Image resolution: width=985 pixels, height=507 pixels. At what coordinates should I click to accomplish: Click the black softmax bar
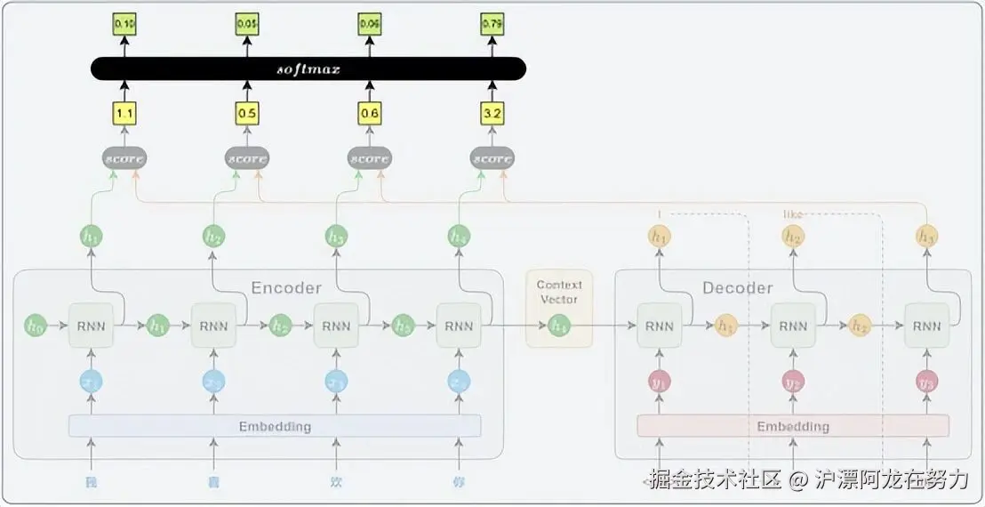point(308,68)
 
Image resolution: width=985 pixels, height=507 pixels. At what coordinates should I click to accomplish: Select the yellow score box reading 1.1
point(124,113)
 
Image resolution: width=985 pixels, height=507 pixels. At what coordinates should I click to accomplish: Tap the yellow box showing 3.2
point(492,113)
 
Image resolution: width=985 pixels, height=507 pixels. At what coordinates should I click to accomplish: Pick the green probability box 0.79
point(492,24)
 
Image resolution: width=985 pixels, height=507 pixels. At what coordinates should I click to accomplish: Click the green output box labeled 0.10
point(124,24)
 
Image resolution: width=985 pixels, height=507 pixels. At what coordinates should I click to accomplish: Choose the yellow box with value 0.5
point(247,113)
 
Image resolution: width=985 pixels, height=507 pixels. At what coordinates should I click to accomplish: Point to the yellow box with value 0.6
point(369,113)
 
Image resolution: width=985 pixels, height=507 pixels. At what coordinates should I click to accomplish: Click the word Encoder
point(286,287)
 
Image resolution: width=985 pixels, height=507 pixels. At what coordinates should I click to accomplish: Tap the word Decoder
point(738,287)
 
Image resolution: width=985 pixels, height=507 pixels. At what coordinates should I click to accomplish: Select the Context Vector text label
point(559,292)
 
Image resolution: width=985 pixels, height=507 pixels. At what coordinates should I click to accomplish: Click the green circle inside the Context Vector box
point(559,326)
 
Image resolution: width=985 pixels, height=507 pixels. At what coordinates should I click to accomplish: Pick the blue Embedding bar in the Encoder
point(275,426)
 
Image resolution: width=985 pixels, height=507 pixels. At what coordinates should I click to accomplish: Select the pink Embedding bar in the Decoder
point(793,426)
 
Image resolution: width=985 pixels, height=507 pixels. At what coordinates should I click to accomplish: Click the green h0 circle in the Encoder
point(35,326)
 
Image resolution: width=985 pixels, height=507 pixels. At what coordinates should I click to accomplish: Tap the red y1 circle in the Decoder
point(659,381)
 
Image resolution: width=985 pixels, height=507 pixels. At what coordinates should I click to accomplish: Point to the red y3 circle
point(926,381)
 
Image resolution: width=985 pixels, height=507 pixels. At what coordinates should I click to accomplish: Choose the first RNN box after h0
point(91,326)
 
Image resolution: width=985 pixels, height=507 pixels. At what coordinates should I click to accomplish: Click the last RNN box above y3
point(926,326)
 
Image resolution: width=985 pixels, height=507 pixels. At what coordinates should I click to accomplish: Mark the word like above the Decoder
point(793,214)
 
